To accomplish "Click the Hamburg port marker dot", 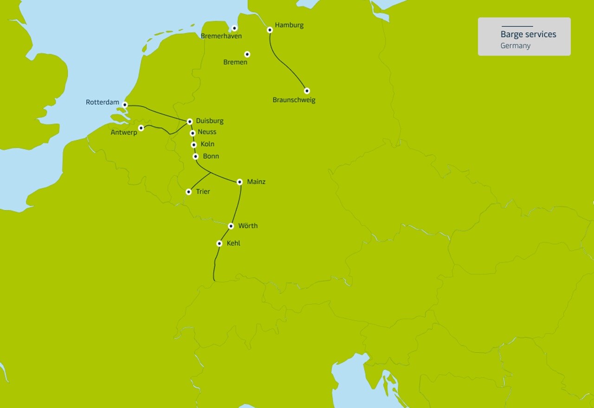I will pos(270,30).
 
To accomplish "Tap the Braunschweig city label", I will pos(294,100).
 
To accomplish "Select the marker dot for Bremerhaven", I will pos(234,28).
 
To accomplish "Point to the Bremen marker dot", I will pos(247,54).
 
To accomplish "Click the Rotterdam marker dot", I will pos(125,104).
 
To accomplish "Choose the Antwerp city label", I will pos(124,133).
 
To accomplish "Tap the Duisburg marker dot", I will pos(189,122).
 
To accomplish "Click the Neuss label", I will pos(207,132).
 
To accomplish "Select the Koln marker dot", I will pos(194,145).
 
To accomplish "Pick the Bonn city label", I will pos(211,156).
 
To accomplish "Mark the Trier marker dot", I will pos(188,192).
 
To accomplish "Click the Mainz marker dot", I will pos(239,182).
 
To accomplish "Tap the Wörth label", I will pos(248,226).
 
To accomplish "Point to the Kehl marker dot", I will pos(220,243).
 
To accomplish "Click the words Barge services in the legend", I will pos(528,34).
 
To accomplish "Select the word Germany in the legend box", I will pos(515,46).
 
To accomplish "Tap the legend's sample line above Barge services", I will pos(517,26).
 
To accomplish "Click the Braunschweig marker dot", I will pos(307,91).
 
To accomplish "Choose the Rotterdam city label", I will pos(103,103).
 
